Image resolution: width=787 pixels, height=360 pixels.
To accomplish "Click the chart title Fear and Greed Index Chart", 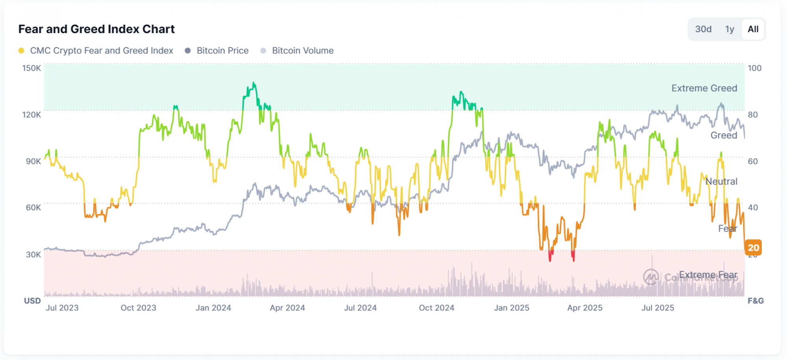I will coord(96,29).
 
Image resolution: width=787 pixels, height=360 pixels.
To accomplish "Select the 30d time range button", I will coord(703,29).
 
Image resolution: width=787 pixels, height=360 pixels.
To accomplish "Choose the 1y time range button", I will coord(730,29).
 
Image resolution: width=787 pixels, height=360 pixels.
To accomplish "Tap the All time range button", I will coord(753,29).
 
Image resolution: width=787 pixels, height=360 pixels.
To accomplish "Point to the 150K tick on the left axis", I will coord(31,68).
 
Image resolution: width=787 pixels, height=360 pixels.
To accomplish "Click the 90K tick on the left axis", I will coord(33,161).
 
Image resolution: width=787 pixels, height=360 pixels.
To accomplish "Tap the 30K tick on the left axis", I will coord(33,255).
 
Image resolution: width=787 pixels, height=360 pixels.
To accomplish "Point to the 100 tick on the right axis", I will coord(754,68).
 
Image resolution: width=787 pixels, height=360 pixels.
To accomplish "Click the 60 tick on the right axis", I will coord(752,161).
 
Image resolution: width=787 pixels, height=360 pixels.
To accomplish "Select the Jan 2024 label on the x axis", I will coord(213,308).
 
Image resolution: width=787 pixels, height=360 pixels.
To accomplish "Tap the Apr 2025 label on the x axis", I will coord(585,308).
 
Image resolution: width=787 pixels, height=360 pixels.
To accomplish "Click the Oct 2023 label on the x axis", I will coord(139,308).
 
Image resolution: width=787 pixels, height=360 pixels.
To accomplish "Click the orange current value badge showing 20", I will coord(753,248).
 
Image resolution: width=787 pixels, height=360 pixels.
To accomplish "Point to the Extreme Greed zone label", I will coord(704,88).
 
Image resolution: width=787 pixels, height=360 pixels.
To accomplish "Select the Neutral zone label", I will coord(721,181).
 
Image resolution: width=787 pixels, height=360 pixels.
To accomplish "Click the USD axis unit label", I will coord(32,301).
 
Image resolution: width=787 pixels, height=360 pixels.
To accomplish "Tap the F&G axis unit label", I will coord(756,301).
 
